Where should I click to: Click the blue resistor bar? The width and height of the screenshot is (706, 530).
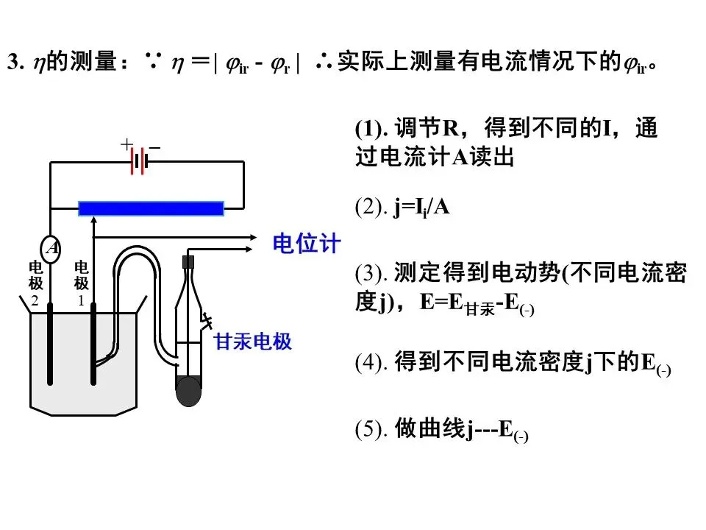pyautogui.click(x=151, y=208)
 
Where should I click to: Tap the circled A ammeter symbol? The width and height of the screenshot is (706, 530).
pyautogui.click(x=51, y=247)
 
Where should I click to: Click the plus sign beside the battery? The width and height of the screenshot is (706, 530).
pyautogui.click(x=126, y=144)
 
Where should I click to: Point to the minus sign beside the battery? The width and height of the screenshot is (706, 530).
pyautogui.click(x=154, y=148)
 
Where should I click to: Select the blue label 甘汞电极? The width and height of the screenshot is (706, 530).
pyautogui.click(x=253, y=342)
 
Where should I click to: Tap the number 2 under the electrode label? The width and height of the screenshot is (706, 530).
pyautogui.click(x=34, y=300)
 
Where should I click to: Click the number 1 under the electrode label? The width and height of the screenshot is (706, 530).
pyautogui.click(x=81, y=300)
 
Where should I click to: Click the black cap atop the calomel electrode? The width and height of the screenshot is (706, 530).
pyautogui.click(x=188, y=261)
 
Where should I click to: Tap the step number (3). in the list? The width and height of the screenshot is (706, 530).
pyautogui.click(x=371, y=274)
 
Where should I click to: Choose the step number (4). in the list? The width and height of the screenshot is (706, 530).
pyautogui.click(x=371, y=363)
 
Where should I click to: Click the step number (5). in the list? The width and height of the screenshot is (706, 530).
pyautogui.click(x=371, y=429)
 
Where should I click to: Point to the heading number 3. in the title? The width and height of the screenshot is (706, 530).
pyautogui.click(x=15, y=63)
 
